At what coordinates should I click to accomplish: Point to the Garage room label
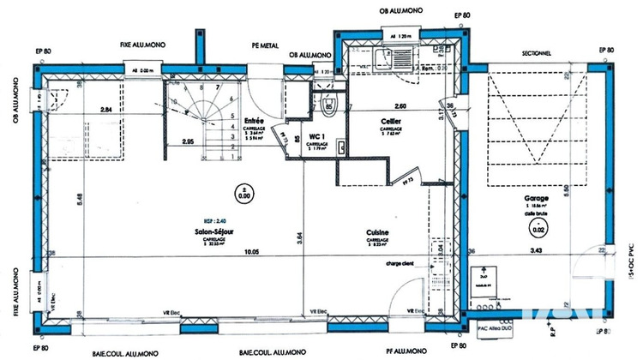[x=538, y=196]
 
